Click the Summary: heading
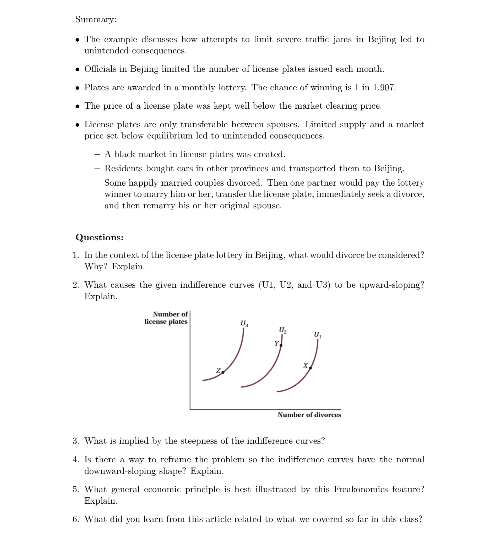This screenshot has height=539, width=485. coord(96,19)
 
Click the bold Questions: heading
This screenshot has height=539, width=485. coord(99,237)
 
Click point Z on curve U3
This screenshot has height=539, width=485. coord(223,372)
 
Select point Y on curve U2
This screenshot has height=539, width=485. coord(281,346)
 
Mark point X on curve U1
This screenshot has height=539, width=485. coord(310,368)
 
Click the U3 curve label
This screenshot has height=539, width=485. coord(244,324)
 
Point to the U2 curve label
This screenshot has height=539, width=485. coord(282,330)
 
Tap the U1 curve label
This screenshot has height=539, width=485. coord(317,335)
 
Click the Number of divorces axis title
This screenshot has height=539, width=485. coord(309,415)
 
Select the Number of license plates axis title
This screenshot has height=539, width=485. coord(166,318)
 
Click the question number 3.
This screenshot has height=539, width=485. coord(76,441)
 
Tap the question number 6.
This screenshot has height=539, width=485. coord(76,519)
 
